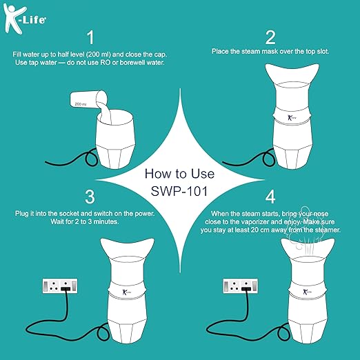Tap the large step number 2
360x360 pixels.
pyautogui.click(x=270, y=36)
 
